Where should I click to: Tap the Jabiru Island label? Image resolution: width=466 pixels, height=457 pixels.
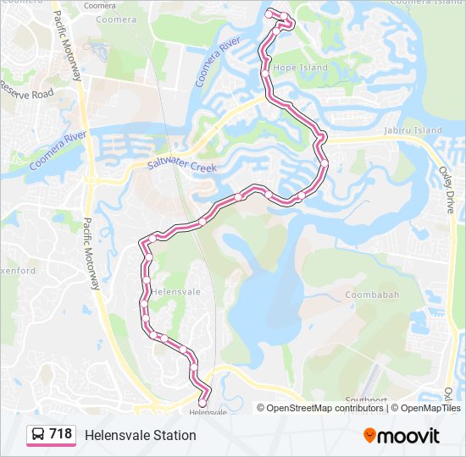point(412,131)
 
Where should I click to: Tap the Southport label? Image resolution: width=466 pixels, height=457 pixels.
point(366,399)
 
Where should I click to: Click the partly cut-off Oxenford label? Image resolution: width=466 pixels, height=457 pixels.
point(17,271)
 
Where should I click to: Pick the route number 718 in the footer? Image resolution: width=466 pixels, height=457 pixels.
point(60,434)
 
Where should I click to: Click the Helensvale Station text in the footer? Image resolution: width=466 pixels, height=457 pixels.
point(140,435)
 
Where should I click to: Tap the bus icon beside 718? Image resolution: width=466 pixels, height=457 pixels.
point(38,435)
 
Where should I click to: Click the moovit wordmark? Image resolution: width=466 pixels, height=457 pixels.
point(409,436)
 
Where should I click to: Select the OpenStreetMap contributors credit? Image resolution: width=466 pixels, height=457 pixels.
point(325,408)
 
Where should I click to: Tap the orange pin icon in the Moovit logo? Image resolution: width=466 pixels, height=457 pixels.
point(370,436)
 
